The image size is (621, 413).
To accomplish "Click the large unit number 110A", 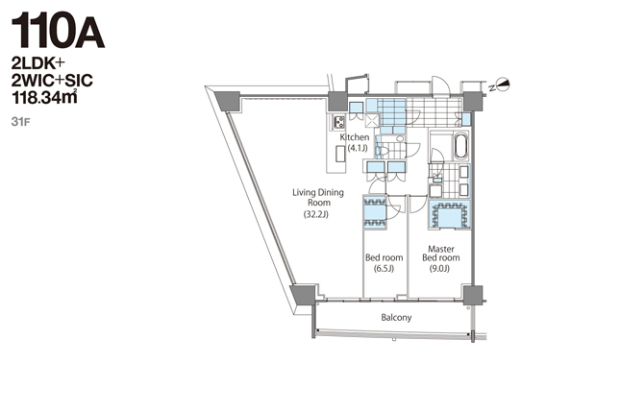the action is pos(59,31).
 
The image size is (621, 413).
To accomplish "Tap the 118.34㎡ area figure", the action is pos(44,98).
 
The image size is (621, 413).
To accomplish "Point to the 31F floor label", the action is pos(20,122).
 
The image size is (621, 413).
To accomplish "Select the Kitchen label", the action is pos(355,137).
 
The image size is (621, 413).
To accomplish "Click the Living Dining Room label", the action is pos(318,198).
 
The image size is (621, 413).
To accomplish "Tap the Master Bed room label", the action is pos(441,254).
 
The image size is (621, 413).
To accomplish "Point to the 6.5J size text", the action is pos(385,269).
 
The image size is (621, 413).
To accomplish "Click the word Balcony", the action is pos(396,317).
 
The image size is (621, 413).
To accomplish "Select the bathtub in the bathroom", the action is pos(461,147).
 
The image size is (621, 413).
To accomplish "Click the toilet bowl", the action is pos(383,151).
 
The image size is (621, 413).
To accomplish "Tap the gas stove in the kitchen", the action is pos(339,122).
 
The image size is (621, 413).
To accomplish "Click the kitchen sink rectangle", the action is pos(340,154).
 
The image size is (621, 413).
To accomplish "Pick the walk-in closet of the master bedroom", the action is pos(449,215).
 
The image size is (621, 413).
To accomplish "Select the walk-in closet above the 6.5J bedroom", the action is pos(375,212).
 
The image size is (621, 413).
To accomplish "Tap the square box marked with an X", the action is pos(372,120).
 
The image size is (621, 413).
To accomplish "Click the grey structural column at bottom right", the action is pos(473,295).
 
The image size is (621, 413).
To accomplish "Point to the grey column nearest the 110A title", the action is pos(227,101).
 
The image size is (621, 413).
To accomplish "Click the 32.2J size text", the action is pos(316,215).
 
